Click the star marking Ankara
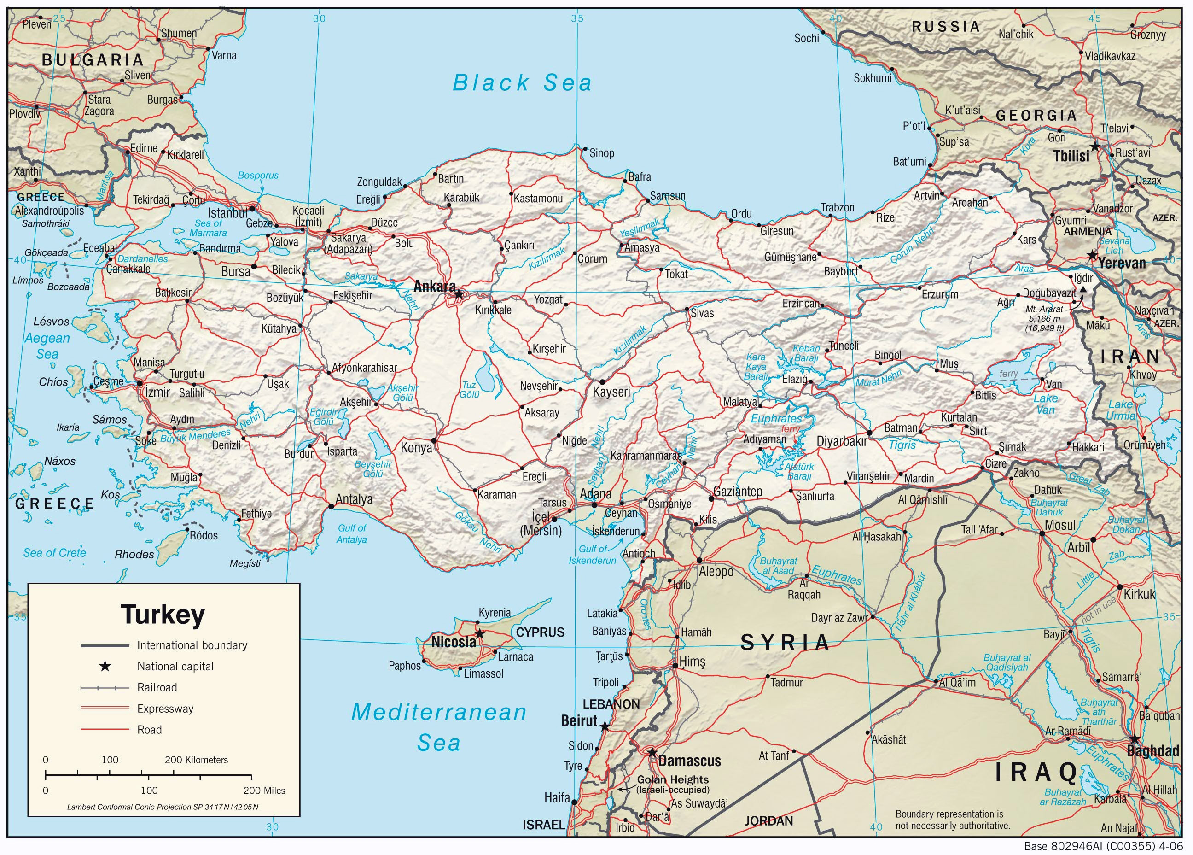click(x=459, y=294)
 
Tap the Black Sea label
click(x=522, y=83)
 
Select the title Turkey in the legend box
click(x=163, y=615)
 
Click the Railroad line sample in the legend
click(x=105, y=688)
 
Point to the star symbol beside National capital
click(x=105, y=667)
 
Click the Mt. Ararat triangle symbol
click(x=1083, y=289)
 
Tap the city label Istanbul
click(x=227, y=213)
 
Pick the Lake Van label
click(x=1045, y=404)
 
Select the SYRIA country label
click(x=785, y=643)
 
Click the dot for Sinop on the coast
click(x=585, y=149)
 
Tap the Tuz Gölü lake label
click(x=469, y=389)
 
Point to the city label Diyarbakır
click(x=842, y=442)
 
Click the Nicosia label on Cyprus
click(x=454, y=642)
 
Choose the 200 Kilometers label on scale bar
click(x=196, y=760)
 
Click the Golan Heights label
click(x=673, y=780)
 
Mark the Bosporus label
click(x=258, y=175)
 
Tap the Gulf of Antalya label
click(x=351, y=533)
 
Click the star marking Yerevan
click(x=1092, y=256)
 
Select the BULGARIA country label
click(x=93, y=60)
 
